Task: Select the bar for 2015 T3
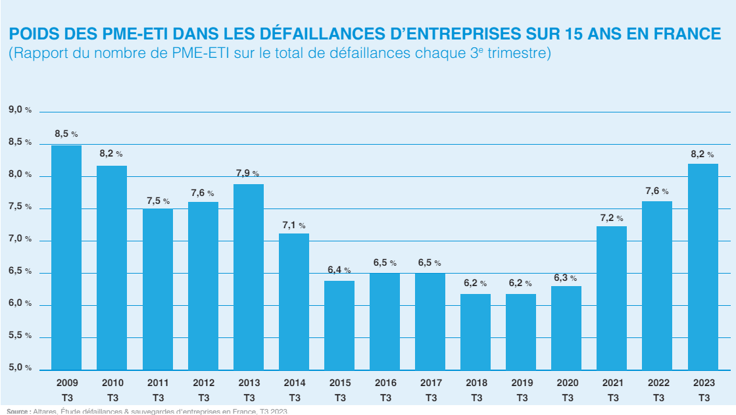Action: (339, 326)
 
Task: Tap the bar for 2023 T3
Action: (703, 267)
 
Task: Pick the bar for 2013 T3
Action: (249, 277)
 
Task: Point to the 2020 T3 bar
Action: (566, 328)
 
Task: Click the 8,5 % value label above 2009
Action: (66, 134)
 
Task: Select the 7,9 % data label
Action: (247, 173)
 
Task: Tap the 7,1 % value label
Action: (293, 225)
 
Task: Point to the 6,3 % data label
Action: (566, 278)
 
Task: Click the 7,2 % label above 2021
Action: (611, 218)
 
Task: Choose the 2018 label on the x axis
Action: (476, 383)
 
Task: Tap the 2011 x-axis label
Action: (158, 383)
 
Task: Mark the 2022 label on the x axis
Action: (657, 383)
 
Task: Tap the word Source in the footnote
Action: (18, 411)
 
